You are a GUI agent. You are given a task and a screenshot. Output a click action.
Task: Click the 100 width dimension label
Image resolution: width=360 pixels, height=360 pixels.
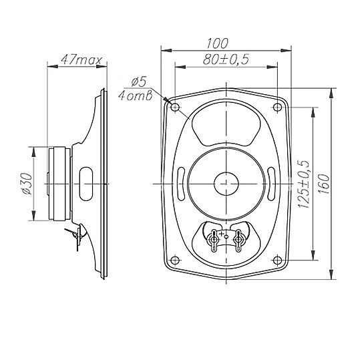click(x=217, y=43)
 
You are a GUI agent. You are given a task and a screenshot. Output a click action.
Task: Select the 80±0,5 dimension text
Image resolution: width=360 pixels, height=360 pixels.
click(x=226, y=59)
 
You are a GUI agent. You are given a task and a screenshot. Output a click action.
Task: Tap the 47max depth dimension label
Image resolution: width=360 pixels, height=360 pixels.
click(x=81, y=60)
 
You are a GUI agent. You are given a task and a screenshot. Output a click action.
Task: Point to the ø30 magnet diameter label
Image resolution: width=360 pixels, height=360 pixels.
click(x=27, y=184)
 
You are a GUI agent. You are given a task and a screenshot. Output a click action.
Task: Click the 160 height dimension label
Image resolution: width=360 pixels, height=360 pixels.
click(x=324, y=184)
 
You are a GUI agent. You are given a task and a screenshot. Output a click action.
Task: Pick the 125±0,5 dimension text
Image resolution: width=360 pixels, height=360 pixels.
click(x=304, y=184)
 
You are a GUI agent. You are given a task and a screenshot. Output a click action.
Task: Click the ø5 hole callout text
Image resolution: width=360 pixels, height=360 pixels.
click(x=139, y=81)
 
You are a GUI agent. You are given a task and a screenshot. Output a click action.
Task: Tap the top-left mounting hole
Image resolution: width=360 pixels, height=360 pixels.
click(x=175, y=107)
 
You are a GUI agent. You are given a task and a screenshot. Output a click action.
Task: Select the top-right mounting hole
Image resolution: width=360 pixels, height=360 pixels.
click(x=278, y=107)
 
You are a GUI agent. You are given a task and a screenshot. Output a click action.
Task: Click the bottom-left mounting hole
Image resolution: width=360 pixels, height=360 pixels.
click(x=175, y=260)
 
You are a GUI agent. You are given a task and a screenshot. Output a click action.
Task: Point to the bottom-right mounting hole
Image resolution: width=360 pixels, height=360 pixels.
click(x=278, y=260)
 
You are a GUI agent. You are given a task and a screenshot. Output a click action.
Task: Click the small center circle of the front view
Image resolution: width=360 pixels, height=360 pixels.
click(x=226, y=184)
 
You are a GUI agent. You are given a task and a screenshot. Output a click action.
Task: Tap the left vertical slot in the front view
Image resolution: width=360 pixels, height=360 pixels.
click(x=181, y=184)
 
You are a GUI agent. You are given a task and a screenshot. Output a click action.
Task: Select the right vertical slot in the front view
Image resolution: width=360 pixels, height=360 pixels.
click(x=271, y=184)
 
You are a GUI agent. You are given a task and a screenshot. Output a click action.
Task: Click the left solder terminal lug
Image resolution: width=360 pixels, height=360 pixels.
click(x=214, y=240)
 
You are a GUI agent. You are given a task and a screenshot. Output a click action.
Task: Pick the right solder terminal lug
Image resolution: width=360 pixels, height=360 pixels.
click(x=238, y=240)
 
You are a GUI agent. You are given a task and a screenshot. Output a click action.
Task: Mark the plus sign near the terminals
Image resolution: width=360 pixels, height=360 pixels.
click(x=222, y=234)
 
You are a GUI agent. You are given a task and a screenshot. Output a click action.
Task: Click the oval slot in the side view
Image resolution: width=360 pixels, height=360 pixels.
click(x=86, y=184)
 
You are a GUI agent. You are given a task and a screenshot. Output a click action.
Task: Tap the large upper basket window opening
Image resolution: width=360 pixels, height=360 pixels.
click(x=226, y=124)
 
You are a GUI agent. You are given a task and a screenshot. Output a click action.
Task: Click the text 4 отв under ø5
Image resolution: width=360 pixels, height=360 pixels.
click(x=136, y=96)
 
